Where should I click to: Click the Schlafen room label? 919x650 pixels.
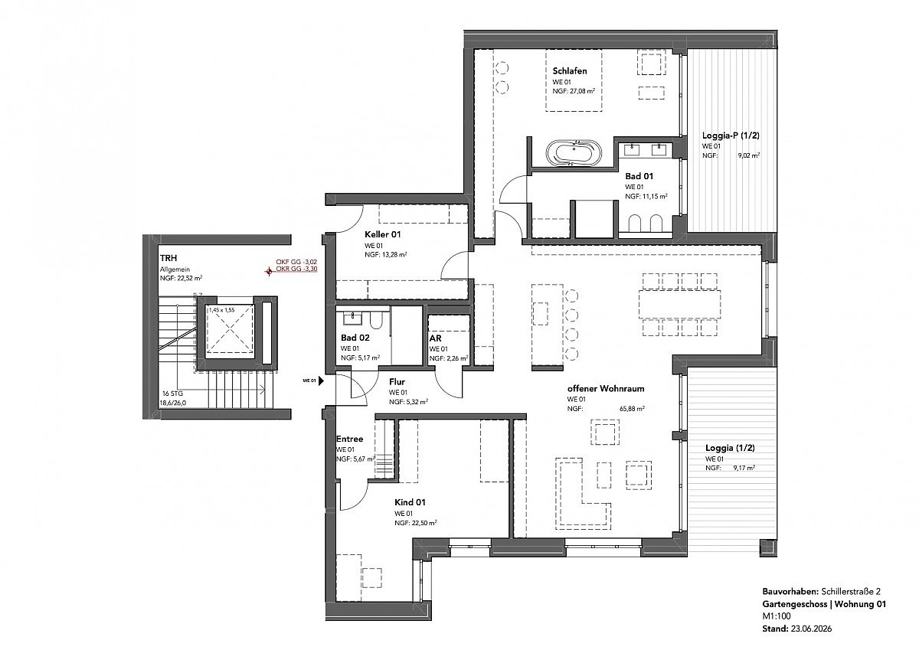tap(570, 71)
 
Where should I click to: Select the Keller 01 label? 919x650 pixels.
tap(382, 234)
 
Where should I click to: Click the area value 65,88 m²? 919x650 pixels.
tap(632, 409)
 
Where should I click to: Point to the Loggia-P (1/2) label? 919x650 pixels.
tap(731, 136)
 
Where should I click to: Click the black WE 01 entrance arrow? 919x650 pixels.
tap(321, 381)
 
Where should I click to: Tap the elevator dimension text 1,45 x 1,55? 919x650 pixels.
tap(222, 310)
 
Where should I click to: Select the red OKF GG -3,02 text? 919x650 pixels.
tap(296, 262)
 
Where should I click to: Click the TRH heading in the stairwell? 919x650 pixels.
tap(168, 258)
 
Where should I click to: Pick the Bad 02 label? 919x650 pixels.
tap(355, 338)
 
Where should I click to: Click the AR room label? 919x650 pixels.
tap(435, 338)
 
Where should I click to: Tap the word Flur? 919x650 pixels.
tap(397, 382)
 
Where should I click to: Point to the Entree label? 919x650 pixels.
tap(349, 439)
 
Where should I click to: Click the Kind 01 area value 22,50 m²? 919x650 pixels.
tap(423, 523)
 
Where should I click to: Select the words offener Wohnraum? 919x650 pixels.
tap(606, 388)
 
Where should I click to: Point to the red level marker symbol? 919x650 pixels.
tap(269, 271)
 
